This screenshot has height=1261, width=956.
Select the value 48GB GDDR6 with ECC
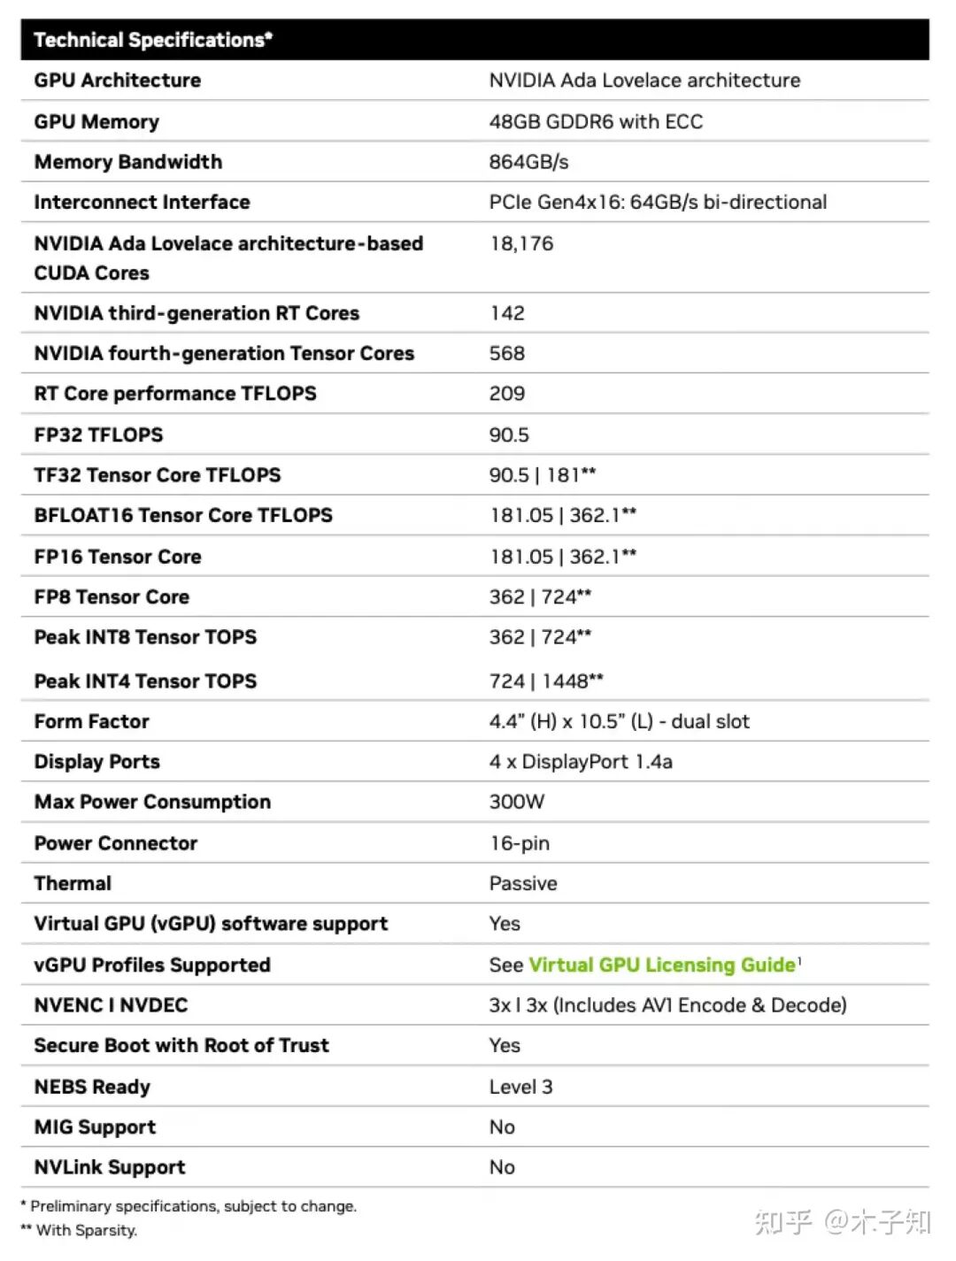596,121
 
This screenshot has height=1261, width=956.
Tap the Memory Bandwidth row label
128,162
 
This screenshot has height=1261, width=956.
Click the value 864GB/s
528,162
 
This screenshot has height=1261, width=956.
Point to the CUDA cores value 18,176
521,243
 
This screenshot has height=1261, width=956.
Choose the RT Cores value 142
506,313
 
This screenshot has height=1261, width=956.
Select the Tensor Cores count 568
506,353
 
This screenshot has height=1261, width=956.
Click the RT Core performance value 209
506,394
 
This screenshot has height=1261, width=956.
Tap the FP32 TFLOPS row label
98,434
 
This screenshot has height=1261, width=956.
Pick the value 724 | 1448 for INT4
545,680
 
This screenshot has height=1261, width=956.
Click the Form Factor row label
91,721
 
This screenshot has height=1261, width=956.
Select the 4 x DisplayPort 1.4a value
581,762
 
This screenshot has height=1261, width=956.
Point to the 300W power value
517,802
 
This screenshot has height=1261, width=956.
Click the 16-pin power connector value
520,843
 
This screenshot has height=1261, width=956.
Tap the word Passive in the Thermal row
523,883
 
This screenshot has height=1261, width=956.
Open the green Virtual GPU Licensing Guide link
662,965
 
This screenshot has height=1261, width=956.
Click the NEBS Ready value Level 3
520,1087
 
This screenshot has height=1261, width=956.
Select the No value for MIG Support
502,1126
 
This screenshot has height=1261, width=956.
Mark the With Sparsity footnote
86,1230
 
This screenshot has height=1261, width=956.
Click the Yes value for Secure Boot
505,1045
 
